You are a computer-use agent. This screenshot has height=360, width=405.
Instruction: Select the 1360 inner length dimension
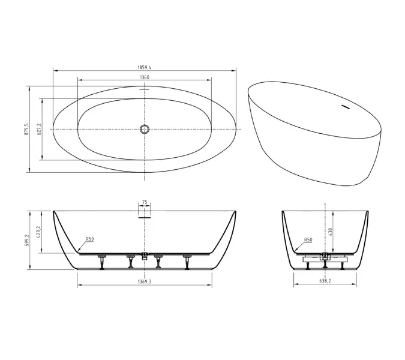[x=145, y=77]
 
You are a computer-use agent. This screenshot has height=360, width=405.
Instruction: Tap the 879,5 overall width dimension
[x=26, y=129]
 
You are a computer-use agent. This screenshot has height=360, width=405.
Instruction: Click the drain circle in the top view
[x=145, y=129]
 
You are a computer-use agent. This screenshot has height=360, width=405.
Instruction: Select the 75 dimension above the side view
[x=145, y=203]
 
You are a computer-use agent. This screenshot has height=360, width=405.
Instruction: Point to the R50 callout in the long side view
[x=89, y=239]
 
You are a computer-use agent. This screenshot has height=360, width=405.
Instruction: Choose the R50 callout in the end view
[x=308, y=240]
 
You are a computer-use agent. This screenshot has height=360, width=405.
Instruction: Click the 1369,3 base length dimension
[x=145, y=281]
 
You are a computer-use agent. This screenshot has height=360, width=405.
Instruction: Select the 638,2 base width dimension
[x=325, y=281]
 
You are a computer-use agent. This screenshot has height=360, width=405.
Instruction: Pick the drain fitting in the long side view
[x=145, y=256]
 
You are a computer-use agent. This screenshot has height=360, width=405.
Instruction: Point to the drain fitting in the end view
[x=325, y=257]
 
